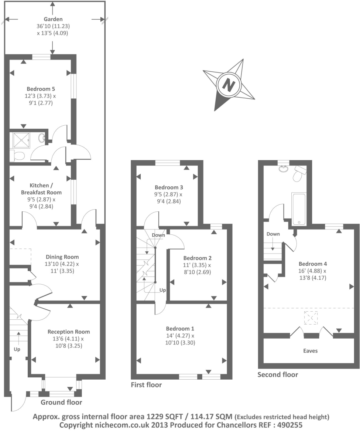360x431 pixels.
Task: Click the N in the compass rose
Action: pyautogui.click(x=229, y=85)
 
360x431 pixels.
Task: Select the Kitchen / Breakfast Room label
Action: pyautogui.click(x=41, y=189)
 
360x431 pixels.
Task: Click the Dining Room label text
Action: pyautogui.click(x=62, y=257)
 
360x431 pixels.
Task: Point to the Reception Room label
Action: pyautogui.click(x=69, y=332)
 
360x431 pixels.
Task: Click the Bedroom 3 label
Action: pyautogui.click(x=169, y=187)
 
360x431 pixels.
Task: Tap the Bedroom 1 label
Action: pyautogui.click(x=180, y=328)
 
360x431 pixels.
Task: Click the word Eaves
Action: pyautogui.click(x=310, y=351)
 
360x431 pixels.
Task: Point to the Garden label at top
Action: pyautogui.click(x=53, y=19)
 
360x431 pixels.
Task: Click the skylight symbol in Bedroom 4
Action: pyautogui.click(x=310, y=318)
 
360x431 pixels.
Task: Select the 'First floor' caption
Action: pyautogui.click(x=146, y=385)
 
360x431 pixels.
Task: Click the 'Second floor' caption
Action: pyautogui.click(x=278, y=374)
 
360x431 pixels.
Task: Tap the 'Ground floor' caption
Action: pyautogui.click(x=61, y=402)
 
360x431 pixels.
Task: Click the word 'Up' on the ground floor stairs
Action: pyautogui.click(x=17, y=349)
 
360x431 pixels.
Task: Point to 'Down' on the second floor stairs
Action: pyautogui.click(x=273, y=234)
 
